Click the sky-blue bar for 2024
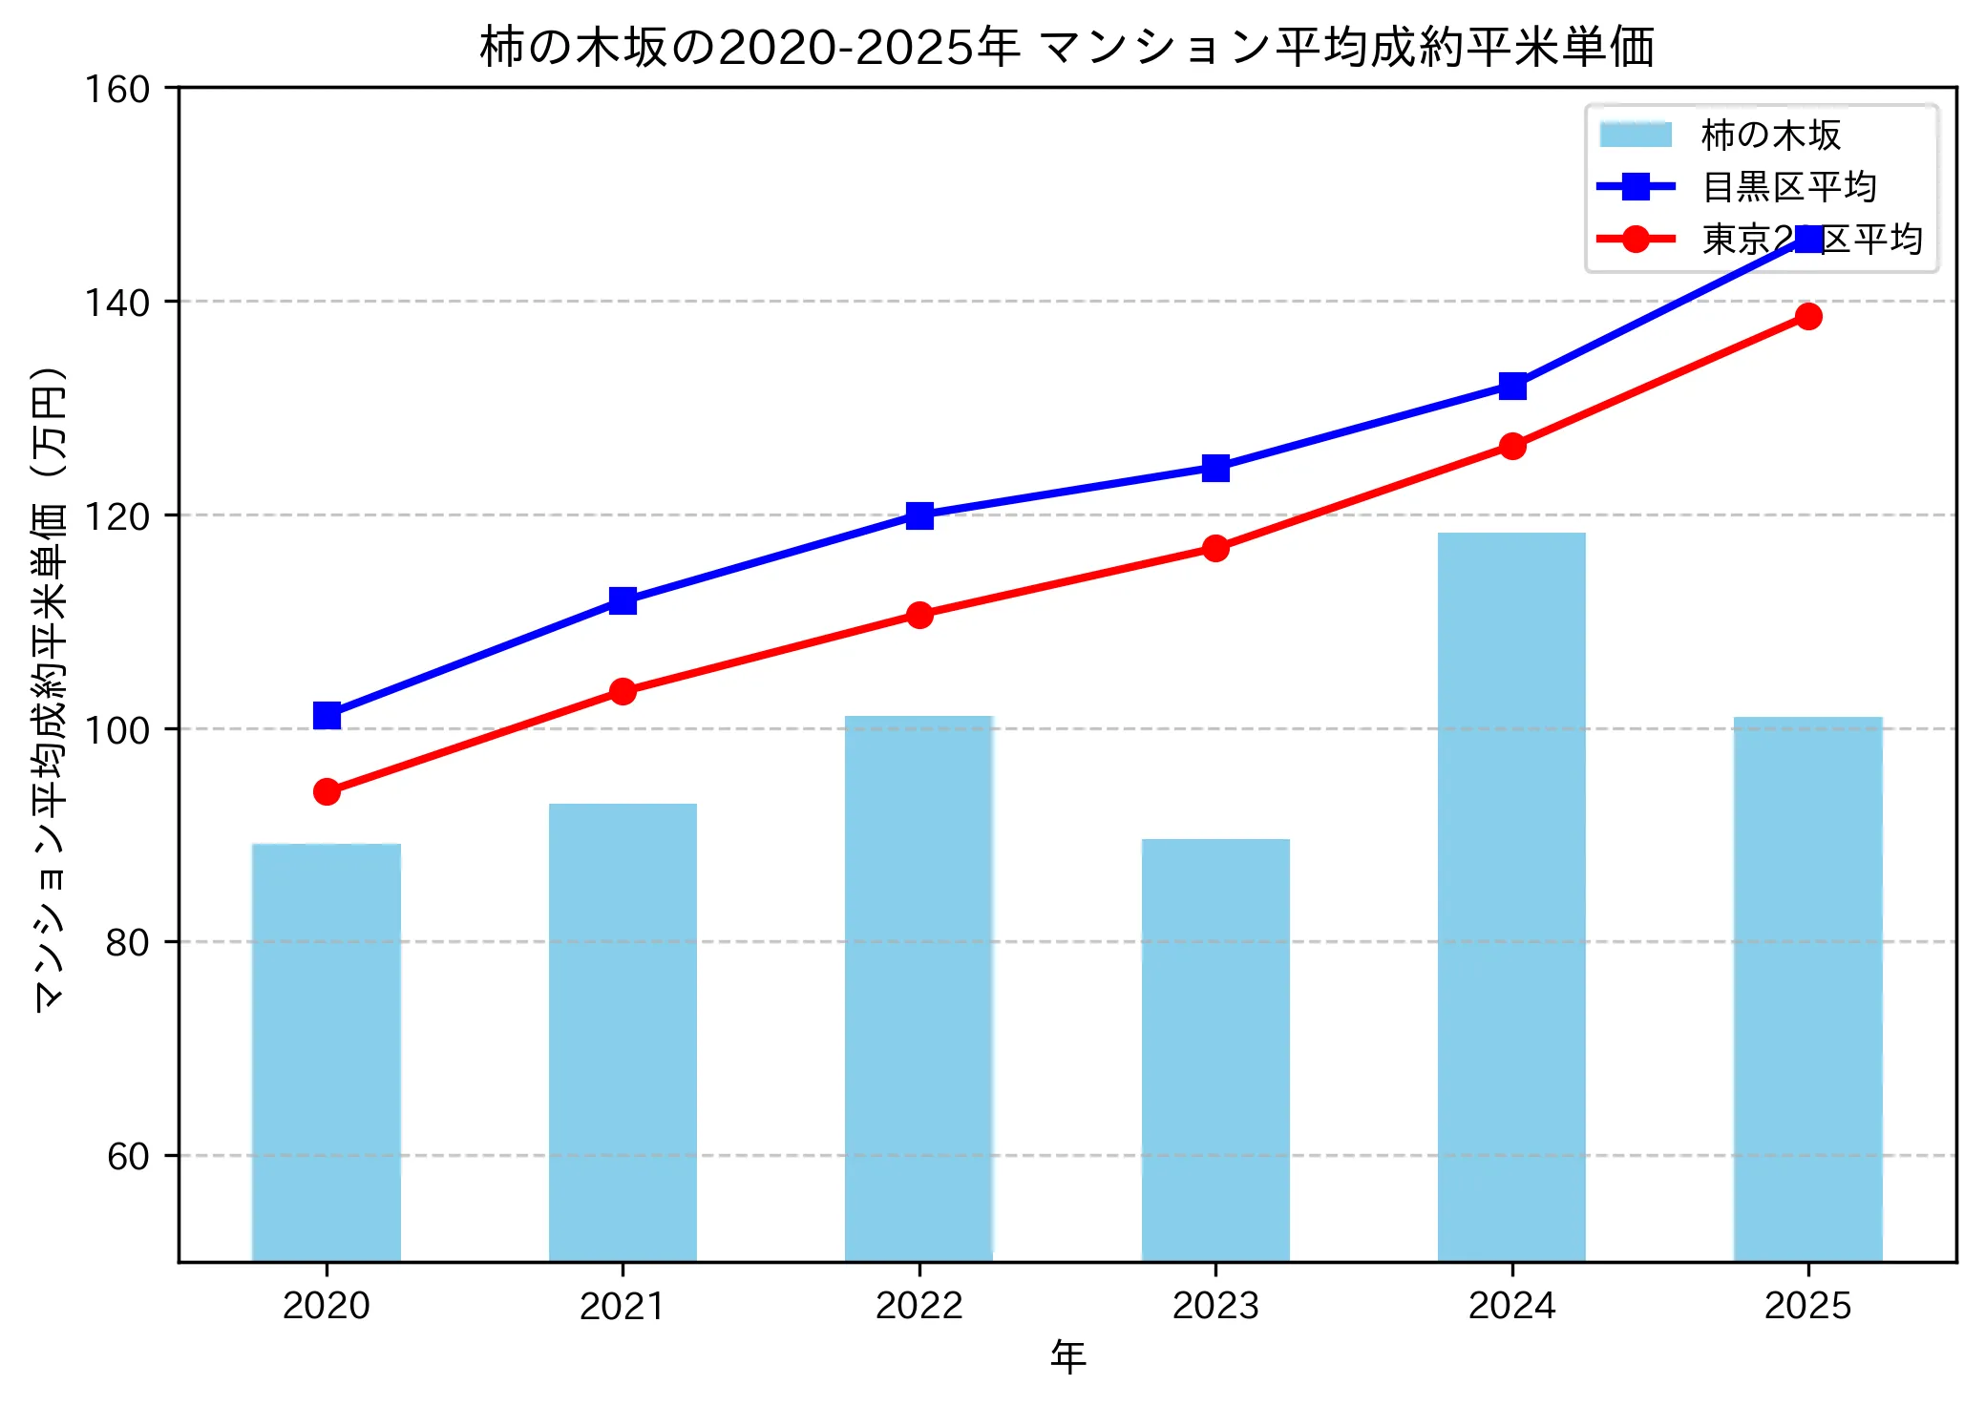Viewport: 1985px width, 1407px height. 1511,897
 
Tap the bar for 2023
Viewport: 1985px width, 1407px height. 1215,1050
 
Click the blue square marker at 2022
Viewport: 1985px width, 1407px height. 919,515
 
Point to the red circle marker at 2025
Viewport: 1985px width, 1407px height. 1808,316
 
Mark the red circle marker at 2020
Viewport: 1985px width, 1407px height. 327,791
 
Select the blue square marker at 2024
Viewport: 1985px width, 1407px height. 1512,387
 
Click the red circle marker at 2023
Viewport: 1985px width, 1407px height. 1215,548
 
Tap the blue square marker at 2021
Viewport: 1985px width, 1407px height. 623,600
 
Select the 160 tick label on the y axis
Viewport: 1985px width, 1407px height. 116,90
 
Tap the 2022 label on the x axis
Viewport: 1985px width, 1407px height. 919,1306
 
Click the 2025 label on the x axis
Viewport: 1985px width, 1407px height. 1807,1306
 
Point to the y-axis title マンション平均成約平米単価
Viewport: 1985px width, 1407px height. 50,687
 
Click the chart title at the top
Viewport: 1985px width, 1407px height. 1066,48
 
